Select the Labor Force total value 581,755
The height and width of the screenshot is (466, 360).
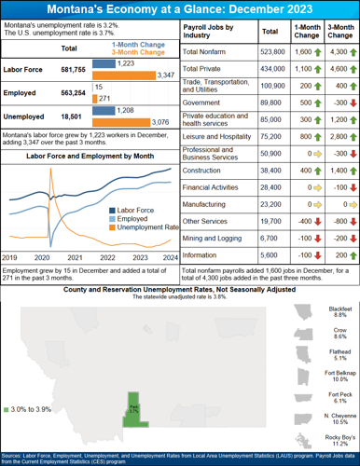click(69, 69)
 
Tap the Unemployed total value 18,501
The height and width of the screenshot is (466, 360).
click(69, 116)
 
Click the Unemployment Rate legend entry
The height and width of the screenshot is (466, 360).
click(141, 227)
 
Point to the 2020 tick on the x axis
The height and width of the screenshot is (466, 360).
click(42, 256)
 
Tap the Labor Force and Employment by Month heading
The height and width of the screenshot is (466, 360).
click(89, 156)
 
